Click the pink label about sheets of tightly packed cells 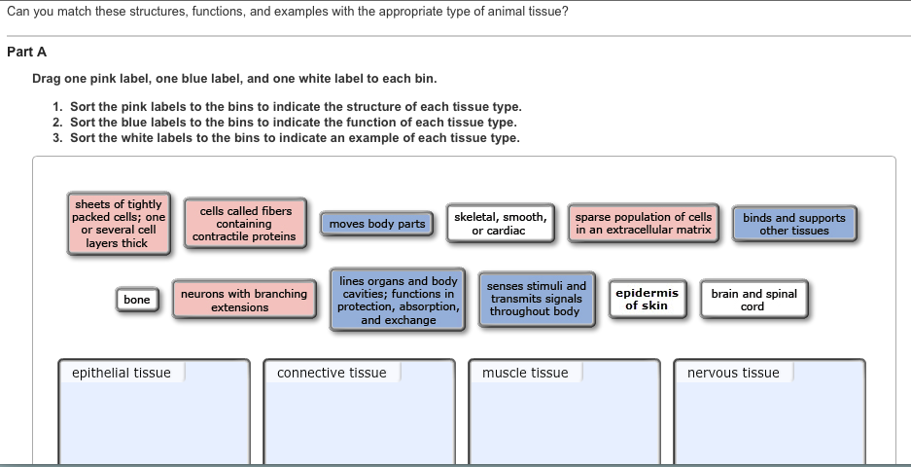pyautogui.click(x=119, y=224)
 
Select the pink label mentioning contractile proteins pyautogui.click(x=245, y=224)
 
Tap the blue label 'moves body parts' pyautogui.click(x=376, y=224)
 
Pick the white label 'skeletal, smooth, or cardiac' pyautogui.click(x=501, y=224)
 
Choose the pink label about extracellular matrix pyautogui.click(x=644, y=224)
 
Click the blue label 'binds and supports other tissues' pyautogui.click(x=794, y=224)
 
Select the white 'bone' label pyautogui.click(x=137, y=300)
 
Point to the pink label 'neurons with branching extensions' pyautogui.click(x=244, y=300)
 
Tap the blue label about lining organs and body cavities pyautogui.click(x=398, y=300)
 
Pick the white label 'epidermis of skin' pyautogui.click(x=648, y=299)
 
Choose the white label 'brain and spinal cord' pyautogui.click(x=753, y=300)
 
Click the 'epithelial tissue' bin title pyautogui.click(x=122, y=373)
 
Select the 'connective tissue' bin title pyautogui.click(x=332, y=373)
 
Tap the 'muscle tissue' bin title pyautogui.click(x=525, y=373)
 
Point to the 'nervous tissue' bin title pyautogui.click(x=733, y=373)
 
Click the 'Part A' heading pyautogui.click(x=26, y=52)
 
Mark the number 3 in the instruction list pyautogui.click(x=55, y=138)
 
